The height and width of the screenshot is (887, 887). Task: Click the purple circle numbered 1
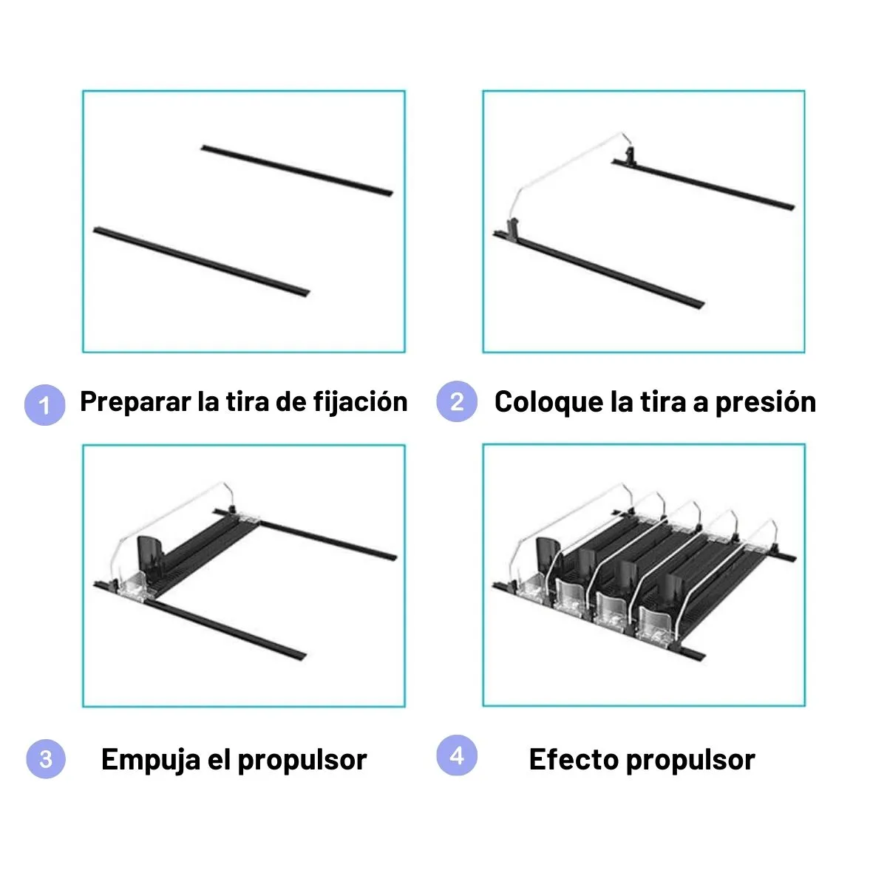pos(44,405)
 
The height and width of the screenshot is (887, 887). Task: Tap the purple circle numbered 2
pos(457,401)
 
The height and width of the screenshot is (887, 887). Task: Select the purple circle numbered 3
pos(46,758)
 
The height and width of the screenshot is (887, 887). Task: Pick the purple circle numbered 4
pos(457,755)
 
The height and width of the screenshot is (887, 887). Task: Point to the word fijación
pos(361,402)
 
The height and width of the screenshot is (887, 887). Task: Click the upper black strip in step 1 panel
pos(297,171)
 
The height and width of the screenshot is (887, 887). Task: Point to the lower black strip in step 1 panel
pos(202,262)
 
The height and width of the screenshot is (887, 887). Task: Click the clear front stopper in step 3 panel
pos(134,588)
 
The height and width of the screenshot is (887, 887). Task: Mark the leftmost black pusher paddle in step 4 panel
pos(548,554)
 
